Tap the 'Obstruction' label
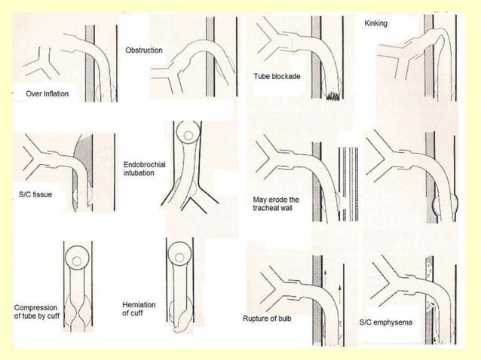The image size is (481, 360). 143,50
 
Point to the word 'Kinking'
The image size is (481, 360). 375,23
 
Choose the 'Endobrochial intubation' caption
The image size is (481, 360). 139,168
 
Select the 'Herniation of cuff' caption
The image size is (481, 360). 139,308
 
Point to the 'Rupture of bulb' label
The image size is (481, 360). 267,319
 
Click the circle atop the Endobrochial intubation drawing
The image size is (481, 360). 185,136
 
